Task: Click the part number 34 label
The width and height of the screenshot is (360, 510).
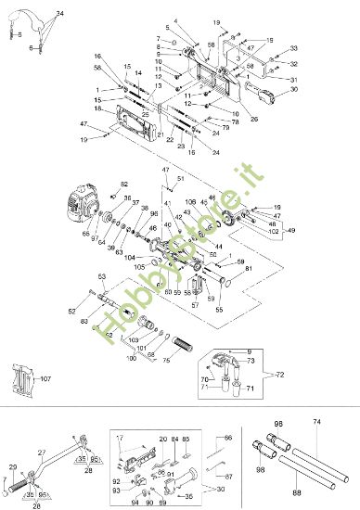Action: point(60,14)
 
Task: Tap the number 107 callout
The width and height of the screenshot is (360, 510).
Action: point(45,378)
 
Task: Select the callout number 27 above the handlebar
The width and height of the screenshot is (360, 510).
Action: point(42,453)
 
